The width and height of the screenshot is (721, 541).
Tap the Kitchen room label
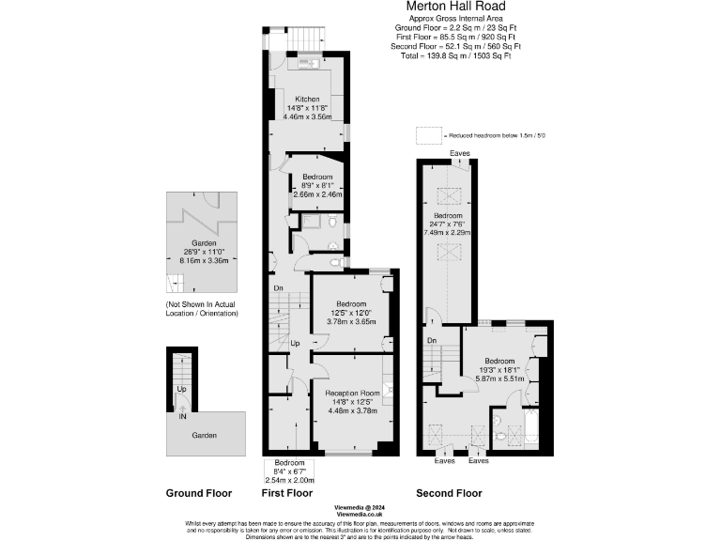(x=308, y=100)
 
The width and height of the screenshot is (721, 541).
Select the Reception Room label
(x=352, y=393)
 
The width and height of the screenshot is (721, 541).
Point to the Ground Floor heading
(x=199, y=493)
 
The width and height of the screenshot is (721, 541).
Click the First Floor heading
(x=286, y=493)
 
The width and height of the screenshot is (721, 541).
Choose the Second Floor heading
(x=449, y=493)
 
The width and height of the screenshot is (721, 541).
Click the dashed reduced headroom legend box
(x=429, y=136)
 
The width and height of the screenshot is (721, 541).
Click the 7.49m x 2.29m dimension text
(x=448, y=232)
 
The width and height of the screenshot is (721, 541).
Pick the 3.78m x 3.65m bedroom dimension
(x=351, y=322)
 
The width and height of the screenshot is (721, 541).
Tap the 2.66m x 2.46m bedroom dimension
(x=316, y=194)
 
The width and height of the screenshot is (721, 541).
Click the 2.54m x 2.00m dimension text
(x=289, y=480)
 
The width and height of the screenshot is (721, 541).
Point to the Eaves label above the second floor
(x=460, y=152)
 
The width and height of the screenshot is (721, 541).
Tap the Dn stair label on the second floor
(x=431, y=340)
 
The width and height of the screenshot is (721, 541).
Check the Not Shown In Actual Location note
(x=202, y=308)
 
